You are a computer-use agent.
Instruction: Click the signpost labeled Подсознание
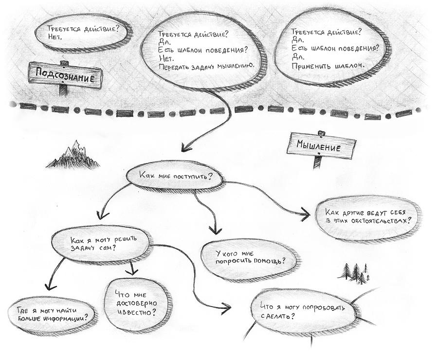(65, 75)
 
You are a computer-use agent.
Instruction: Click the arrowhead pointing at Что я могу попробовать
(226, 306)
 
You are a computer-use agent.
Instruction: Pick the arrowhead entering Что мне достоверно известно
(130, 270)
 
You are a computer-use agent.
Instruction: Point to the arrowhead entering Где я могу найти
(47, 288)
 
